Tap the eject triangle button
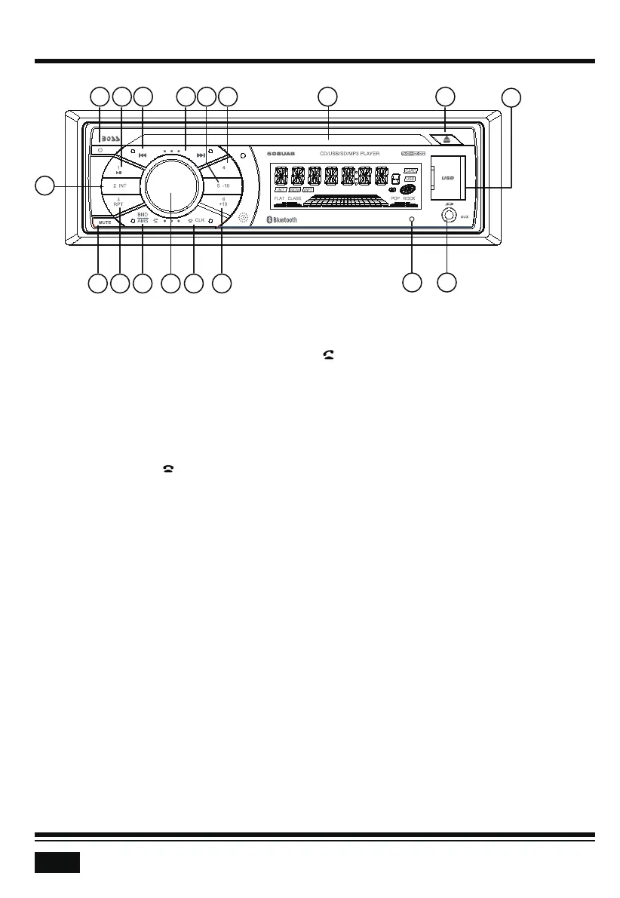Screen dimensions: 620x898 click(446, 139)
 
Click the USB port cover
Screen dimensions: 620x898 click(447, 178)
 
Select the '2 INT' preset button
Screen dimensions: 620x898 click(119, 185)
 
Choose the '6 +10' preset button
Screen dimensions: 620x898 click(223, 202)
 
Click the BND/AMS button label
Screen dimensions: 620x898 click(143, 218)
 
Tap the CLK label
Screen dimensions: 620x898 click(199, 221)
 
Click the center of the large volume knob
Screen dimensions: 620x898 click(171, 185)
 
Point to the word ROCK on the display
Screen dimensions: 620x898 click(409, 198)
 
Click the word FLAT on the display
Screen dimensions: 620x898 click(279, 198)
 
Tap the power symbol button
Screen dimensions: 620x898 click(100, 152)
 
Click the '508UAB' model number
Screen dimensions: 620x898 click(279, 154)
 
